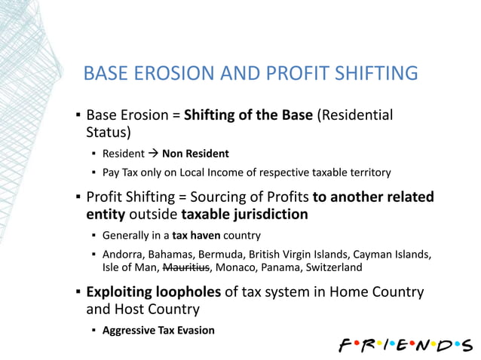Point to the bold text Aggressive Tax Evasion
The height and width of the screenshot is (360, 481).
click(x=158, y=330)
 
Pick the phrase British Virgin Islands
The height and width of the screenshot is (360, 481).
click(x=299, y=254)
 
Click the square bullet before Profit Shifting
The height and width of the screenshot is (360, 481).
click(x=78, y=198)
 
